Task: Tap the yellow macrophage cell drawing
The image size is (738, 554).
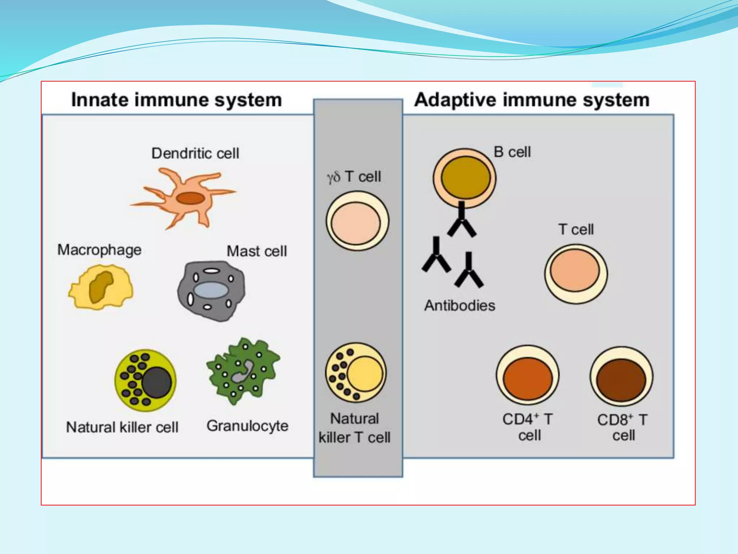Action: click(101, 287)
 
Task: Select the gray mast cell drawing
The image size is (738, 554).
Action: click(211, 291)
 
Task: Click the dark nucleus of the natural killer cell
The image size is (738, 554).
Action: click(156, 383)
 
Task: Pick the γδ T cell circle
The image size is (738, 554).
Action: click(357, 221)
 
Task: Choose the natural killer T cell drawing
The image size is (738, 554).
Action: click(356, 373)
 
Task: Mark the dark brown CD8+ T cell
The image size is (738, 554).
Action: click(621, 377)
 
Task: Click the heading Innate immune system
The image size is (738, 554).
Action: click(177, 100)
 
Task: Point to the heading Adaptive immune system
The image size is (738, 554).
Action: click(532, 100)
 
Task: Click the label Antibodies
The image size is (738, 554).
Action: click(459, 305)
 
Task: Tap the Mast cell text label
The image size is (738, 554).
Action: click(257, 251)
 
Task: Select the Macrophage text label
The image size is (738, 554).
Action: click(99, 250)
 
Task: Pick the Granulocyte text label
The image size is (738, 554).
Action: click(247, 426)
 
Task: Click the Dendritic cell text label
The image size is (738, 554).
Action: click(195, 153)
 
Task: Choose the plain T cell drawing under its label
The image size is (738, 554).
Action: click(575, 274)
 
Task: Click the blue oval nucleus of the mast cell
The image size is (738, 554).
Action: click(211, 290)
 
